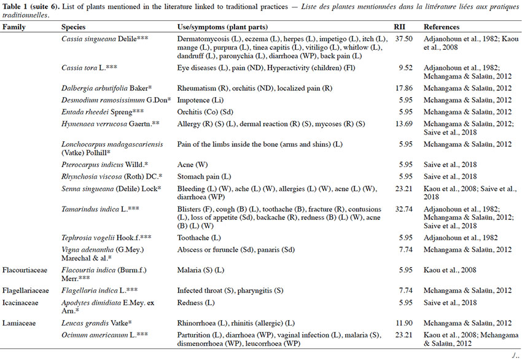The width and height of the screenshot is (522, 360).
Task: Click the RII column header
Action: point(399,27)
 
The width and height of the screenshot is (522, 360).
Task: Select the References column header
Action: point(442,27)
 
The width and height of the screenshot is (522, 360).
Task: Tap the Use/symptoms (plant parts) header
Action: point(222,27)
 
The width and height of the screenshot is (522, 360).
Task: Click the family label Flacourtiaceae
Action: point(25,270)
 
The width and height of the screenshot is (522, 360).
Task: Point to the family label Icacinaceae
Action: point(20,303)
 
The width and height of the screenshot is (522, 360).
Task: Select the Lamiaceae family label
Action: point(18,323)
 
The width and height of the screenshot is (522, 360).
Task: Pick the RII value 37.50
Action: point(404,39)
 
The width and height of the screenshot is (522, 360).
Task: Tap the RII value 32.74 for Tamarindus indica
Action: point(404,209)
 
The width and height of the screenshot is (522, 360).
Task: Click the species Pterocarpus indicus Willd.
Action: point(105,165)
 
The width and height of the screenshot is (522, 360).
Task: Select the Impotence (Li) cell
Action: point(200,100)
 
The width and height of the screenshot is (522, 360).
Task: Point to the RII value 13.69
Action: point(404,124)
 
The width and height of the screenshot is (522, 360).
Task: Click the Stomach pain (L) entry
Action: point(204,176)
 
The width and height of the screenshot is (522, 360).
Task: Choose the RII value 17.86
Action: point(404,88)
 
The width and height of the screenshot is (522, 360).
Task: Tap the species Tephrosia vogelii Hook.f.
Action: point(106,238)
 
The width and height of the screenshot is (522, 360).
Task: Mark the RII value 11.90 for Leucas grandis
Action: point(404,323)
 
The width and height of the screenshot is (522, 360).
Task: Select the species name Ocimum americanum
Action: point(95,335)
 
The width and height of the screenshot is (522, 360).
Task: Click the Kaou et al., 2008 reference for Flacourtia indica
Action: point(450,270)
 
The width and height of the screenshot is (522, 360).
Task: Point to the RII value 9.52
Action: point(406,68)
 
